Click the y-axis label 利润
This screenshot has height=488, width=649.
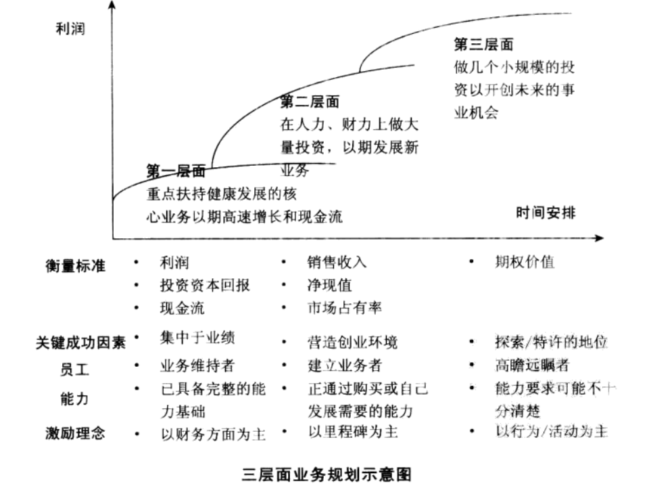point(70,28)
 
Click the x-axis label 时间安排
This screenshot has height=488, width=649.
point(546,213)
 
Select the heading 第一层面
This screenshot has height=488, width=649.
point(176,171)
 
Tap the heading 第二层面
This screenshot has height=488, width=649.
point(310,102)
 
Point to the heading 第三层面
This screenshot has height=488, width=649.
point(483,44)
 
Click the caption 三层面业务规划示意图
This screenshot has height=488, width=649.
point(327,474)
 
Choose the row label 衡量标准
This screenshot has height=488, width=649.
point(75,265)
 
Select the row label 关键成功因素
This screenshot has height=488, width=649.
point(80,342)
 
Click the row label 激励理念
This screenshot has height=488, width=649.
point(75,433)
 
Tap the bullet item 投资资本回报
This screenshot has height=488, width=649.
point(205,285)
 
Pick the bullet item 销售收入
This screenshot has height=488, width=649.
point(337,262)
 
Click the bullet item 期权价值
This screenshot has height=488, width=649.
point(525,262)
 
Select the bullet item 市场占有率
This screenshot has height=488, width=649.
point(344,307)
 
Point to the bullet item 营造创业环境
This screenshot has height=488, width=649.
point(352,342)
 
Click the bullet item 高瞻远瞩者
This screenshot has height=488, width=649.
point(532,365)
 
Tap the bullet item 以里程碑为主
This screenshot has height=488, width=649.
point(353,432)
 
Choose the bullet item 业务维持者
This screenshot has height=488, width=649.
point(197,365)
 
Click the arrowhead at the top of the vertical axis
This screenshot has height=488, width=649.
point(112,4)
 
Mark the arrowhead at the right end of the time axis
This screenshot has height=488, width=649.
point(599,238)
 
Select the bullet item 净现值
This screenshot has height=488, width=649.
point(329,285)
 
